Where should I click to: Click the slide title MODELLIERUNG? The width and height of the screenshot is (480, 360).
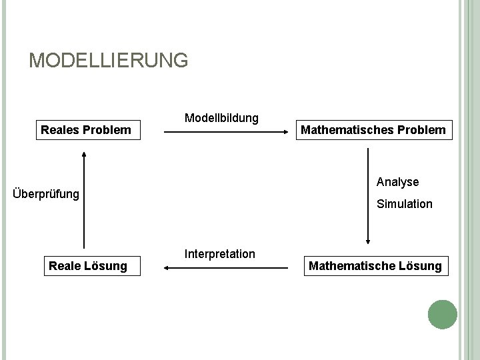[x=109, y=61]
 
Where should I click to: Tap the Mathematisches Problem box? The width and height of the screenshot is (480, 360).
[x=373, y=129]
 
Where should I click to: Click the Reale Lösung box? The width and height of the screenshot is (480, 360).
[x=88, y=266]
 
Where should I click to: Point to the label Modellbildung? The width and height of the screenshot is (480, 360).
[x=221, y=118]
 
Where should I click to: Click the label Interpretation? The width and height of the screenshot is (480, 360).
[x=220, y=254]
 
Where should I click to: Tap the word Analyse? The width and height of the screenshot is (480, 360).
[x=397, y=181]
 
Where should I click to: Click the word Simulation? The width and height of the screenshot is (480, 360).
[x=404, y=204]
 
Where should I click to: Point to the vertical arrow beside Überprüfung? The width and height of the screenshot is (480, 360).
[x=84, y=200]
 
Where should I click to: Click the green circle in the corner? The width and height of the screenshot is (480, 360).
[x=443, y=314]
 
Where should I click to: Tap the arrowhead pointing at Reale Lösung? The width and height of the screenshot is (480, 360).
[x=167, y=268]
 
